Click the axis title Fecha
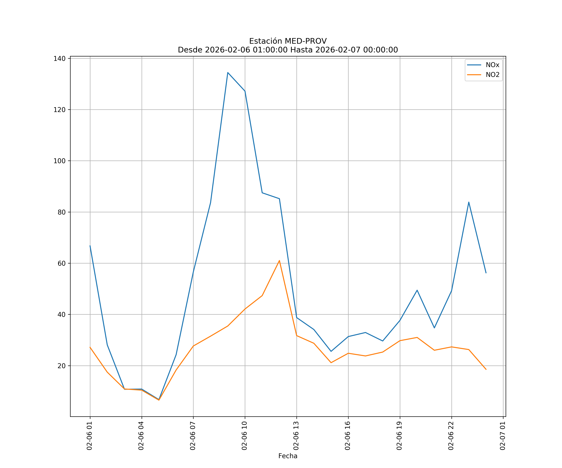(288, 456)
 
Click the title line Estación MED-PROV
(288, 41)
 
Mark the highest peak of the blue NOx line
(228, 73)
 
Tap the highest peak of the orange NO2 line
(279, 261)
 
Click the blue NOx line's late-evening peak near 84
(469, 202)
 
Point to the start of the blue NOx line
(90, 246)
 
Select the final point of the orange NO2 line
(486, 370)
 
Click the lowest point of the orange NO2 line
(159, 400)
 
